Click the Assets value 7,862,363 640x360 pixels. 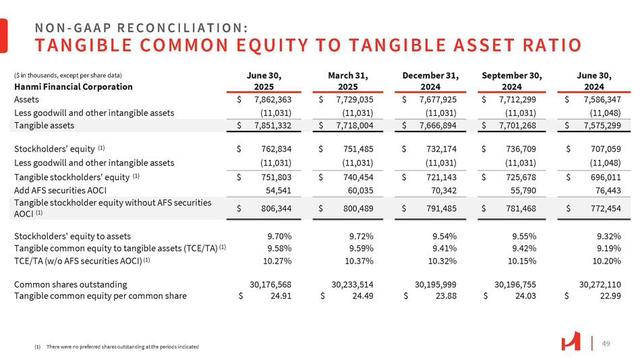[x=268, y=100]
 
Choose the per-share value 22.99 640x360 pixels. [x=609, y=296]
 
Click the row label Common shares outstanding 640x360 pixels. [x=70, y=284]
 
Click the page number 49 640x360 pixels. [x=606, y=344]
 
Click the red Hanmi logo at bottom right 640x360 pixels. [x=570, y=342]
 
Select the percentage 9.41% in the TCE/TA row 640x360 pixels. [x=444, y=249]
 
